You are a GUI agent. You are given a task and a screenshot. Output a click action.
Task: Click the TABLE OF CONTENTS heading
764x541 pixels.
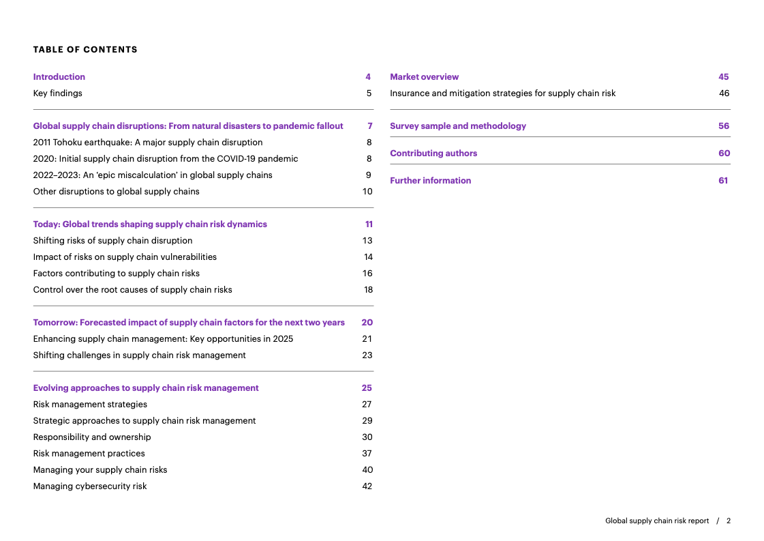point(85,50)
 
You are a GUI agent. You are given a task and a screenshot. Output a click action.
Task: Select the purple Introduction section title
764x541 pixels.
point(59,77)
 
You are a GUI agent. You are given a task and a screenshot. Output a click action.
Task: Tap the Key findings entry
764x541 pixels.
point(58,93)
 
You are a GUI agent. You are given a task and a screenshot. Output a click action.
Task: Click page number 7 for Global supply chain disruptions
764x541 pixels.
point(369,126)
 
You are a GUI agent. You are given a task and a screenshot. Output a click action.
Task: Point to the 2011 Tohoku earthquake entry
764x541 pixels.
point(148,143)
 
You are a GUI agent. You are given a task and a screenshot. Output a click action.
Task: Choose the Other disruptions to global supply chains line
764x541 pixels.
point(117,192)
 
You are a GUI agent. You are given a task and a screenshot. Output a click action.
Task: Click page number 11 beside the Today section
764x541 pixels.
point(369,224)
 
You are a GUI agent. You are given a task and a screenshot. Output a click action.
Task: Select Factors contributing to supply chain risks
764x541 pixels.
point(117,274)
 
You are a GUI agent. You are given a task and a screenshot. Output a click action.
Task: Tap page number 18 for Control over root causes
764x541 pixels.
point(368,290)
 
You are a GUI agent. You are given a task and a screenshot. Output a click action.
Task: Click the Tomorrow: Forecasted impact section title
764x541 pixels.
point(189,323)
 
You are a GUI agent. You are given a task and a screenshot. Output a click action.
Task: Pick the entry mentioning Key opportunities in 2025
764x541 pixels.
point(164,339)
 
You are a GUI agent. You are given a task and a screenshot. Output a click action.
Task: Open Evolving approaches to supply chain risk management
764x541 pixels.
point(146,388)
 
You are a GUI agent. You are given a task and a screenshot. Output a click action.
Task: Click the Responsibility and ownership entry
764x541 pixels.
point(92,437)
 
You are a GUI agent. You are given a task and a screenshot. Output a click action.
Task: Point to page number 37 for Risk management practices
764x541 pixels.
point(367,454)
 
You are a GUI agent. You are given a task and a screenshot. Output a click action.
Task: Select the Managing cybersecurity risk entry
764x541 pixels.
point(90,486)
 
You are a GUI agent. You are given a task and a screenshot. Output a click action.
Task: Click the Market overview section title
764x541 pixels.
point(424,77)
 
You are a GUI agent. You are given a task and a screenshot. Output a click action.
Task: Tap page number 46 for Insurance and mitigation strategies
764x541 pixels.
point(724,93)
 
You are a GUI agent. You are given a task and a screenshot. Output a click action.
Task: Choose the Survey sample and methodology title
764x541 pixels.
point(458,126)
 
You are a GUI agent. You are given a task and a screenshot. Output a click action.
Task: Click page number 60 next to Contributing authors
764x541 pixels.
point(724,153)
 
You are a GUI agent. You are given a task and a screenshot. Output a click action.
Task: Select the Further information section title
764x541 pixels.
point(430,181)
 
